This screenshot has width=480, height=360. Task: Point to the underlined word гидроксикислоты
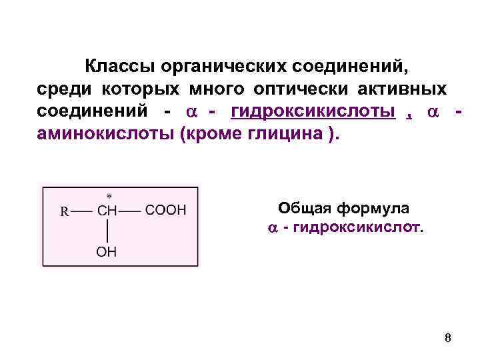point(313,111)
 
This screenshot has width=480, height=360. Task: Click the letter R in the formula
point(65,211)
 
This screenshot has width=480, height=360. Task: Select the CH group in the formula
point(107,211)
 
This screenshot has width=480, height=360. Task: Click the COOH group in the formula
point(166,211)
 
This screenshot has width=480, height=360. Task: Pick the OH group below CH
point(107,252)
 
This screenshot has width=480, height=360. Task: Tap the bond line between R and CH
point(82,211)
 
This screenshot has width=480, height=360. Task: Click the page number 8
point(447,338)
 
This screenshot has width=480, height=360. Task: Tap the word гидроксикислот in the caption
point(357,228)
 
